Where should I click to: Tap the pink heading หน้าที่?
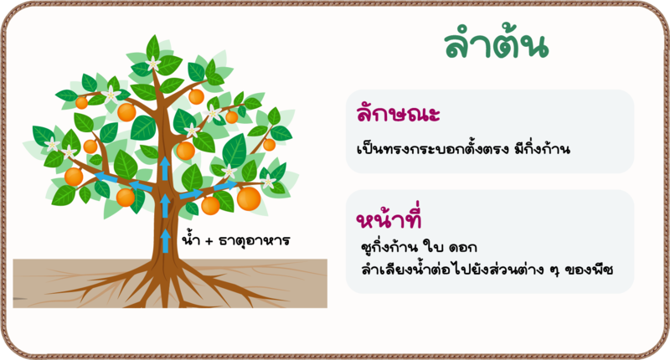click(x=389, y=217)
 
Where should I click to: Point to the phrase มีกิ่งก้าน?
click(x=542, y=148)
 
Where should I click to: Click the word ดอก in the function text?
click(x=463, y=247)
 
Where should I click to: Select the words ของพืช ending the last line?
click(x=590, y=270)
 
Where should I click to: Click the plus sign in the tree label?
click(x=209, y=241)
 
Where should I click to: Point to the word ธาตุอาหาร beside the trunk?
click(x=255, y=241)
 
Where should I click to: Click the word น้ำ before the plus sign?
click(x=191, y=239)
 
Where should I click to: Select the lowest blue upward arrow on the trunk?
click(x=166, y=240)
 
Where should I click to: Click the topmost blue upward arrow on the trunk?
click(x=165, y=168)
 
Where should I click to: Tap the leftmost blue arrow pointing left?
click(x=106, y=177)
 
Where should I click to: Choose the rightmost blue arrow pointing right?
click(x=225, y=185)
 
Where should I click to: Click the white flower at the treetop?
click(x=153, y=64)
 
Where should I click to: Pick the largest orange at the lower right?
click(x=249, y=198)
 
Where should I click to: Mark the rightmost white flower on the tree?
click(x=268, y=183)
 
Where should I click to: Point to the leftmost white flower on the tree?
click(x=52, y=144)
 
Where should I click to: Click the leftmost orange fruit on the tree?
click(x=74, y=177)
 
